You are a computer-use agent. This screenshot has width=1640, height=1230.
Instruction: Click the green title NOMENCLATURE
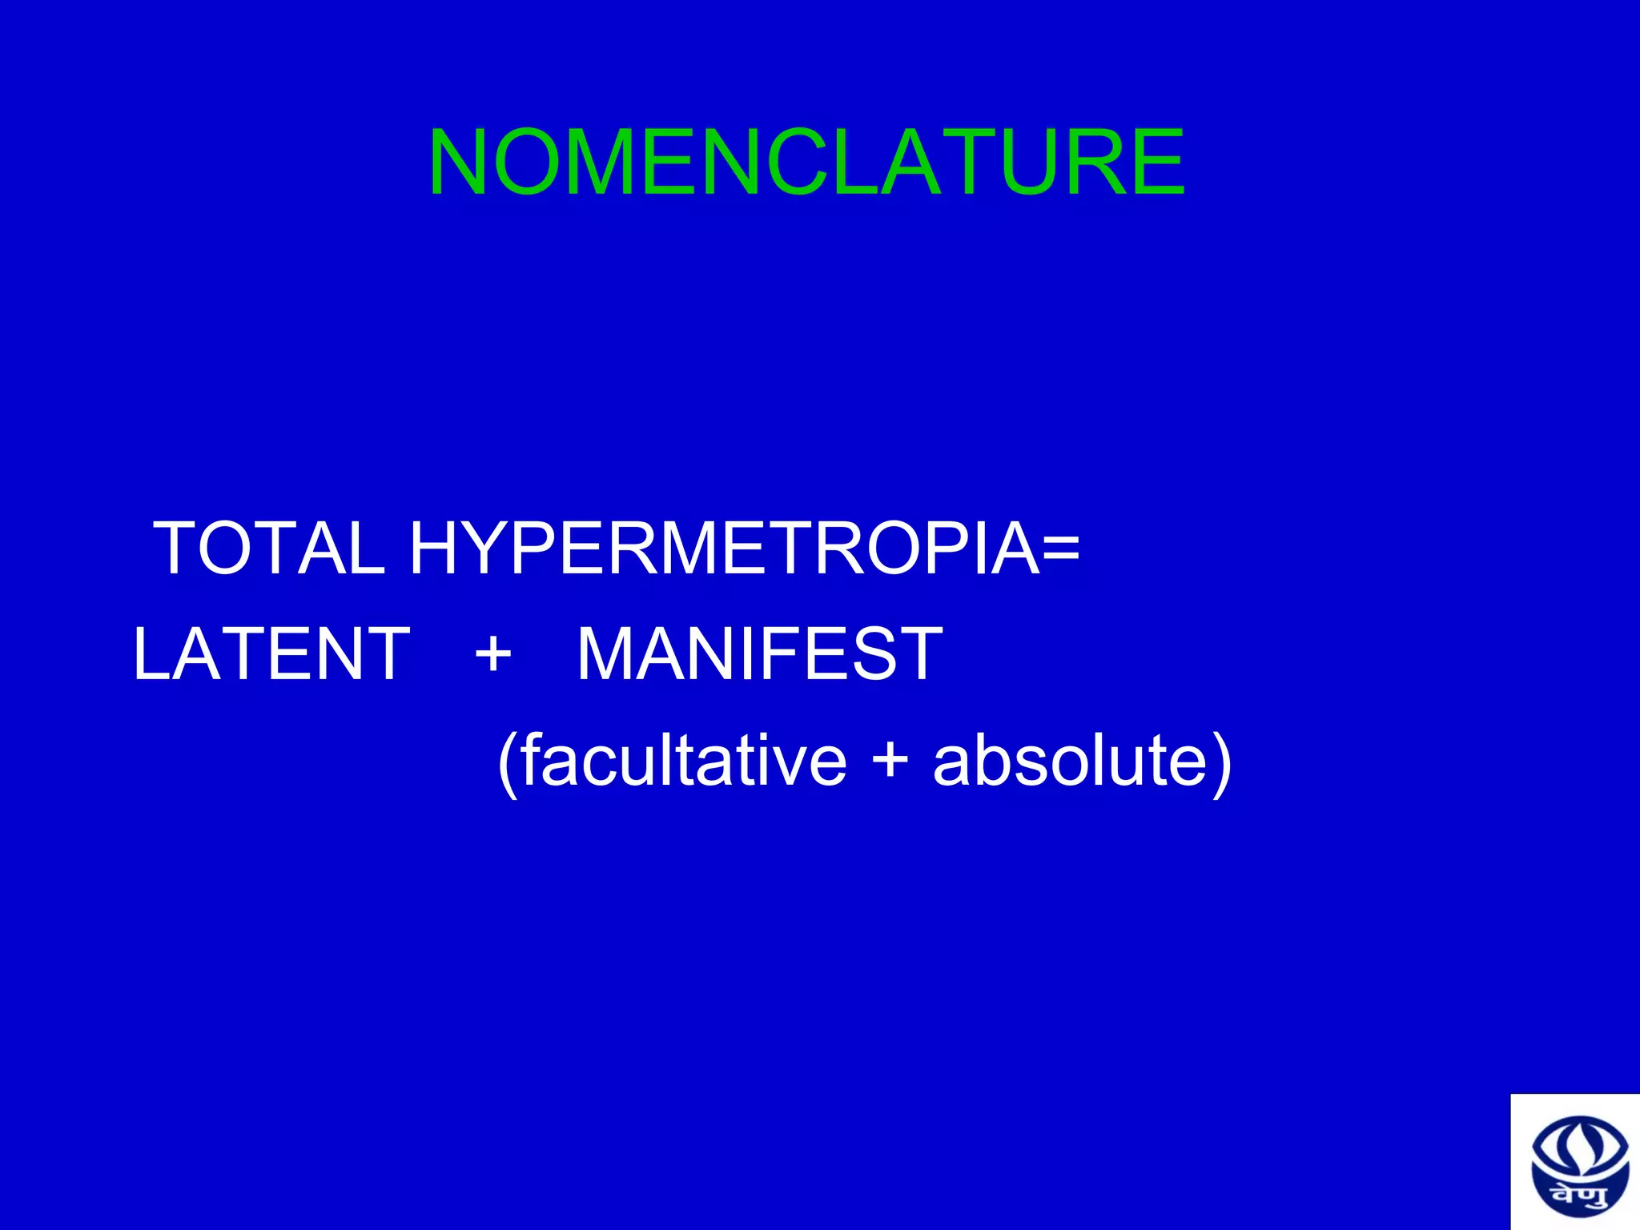(x=806, y=163)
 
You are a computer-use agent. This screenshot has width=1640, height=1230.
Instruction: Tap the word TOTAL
(x=269, y=549)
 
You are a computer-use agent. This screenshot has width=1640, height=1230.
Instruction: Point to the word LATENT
(x=271, y=654)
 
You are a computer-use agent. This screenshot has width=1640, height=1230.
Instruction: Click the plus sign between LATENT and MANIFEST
(x=493, y=654)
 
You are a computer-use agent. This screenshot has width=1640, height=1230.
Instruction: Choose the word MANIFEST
(x=760, y=654)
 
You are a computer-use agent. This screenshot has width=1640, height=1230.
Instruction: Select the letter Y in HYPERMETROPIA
(x=498, y=549)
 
